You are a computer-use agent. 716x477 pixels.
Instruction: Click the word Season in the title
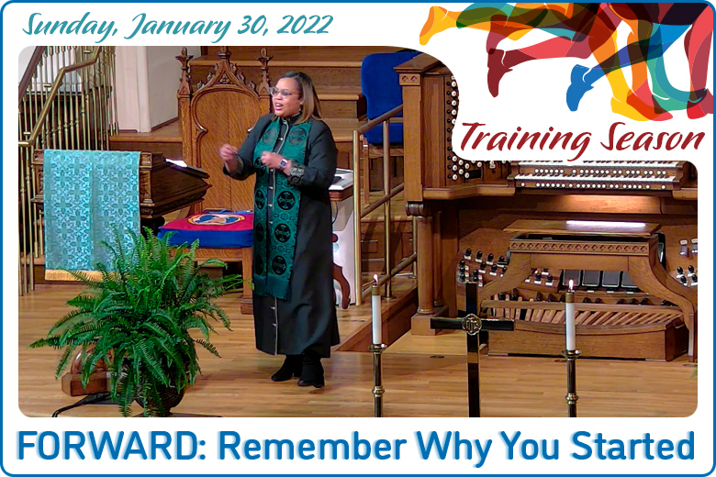[x=652, y=137]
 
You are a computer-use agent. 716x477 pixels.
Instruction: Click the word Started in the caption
[x=632, y=445]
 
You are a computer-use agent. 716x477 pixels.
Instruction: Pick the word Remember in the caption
[x=312, y=446]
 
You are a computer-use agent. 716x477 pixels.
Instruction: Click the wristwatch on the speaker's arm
[x=284, y=163]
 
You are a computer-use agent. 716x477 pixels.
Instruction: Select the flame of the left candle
[x=375, y=280]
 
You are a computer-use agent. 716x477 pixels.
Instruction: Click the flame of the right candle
[x=570, y=285]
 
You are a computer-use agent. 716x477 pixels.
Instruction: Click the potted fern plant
[x=137, y=319]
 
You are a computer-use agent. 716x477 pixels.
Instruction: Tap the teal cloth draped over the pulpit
[x=91, y=211]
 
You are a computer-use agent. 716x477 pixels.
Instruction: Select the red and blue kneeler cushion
[x=207, y=228]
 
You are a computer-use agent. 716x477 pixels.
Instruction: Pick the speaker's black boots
[x=299, y=370]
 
